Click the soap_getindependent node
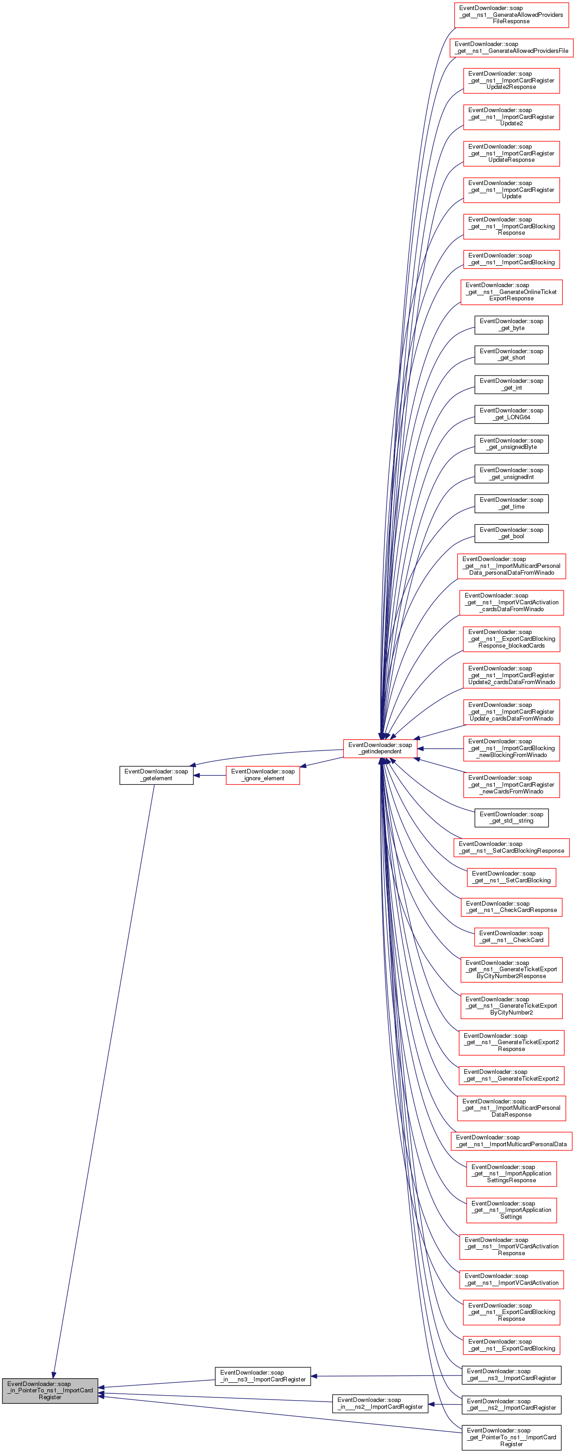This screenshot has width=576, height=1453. pos(380,748)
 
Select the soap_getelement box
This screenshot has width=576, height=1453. pos(156,775)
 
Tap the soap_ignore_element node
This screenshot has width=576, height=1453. pos(262,775)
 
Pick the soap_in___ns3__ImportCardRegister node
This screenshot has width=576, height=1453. pos(262,1376)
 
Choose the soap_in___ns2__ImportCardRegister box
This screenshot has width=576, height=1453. pos(380,1403)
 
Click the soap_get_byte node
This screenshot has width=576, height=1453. pos(511,325)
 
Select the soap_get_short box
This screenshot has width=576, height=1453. pos(511,355)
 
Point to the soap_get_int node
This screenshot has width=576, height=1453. pos(511,385)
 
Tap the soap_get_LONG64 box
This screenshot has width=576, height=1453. pos(511,414)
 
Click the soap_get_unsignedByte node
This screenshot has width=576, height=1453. pos(511,444)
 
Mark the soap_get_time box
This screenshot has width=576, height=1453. pos(511,504)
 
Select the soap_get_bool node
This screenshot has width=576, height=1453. pos(511,533)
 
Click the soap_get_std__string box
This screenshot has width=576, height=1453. pos(511,818)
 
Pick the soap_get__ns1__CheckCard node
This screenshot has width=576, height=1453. pos(511,937)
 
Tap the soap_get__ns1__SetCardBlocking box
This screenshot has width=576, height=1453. pos(511,877)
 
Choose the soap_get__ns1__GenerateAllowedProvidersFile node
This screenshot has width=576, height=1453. pos(511,47)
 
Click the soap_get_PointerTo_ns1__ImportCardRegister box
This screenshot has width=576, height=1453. pos(511,1437)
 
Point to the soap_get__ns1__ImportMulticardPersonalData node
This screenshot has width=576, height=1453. pos(511,1141)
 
